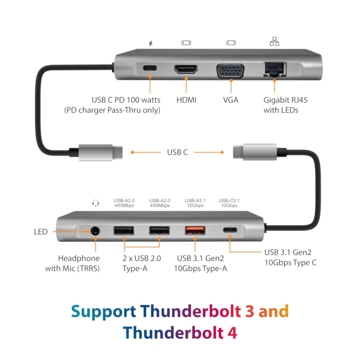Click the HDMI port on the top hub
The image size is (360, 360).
pyautogui.click(x=186, y=69)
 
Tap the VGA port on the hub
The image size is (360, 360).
pyautogui.click(x=230, y=71)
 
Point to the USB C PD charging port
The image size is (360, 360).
pyautogui.click(x=150, y=68)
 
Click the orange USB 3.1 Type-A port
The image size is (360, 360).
pyautogui.click(x=195, y=230)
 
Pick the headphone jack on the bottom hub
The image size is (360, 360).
pyautogui.click(x=95, y=231)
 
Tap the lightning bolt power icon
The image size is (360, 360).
pyautogui.click(x=150, y=43)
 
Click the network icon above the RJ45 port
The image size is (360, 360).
pyautogui.click(x=274, y=41)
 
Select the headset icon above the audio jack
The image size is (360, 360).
pyautogui.click(x=96, y=203)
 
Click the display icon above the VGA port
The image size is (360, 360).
pyautogui.click(x=231, y=43)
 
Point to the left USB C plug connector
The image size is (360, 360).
pyautogui.click(x=100, y=152)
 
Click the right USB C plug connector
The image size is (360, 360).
pyautogui.click(x=255, y=152)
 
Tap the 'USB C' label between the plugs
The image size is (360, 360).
pyautogui.click(x=177, y=152)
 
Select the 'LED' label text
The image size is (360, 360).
pyautogui.click(x=41, y=231)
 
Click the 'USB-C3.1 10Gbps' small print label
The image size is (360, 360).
pyautogui.click(x=229, y=203)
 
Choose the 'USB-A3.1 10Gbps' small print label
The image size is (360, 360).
pyautogui.click(x=195, y=203)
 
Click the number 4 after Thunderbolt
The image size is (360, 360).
pyautogui.click(x=232, y=332)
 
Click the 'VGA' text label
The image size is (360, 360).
pyautogui.click(x=231, y=100)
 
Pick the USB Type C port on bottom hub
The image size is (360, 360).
pyautogui.click(x=230, y=230)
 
